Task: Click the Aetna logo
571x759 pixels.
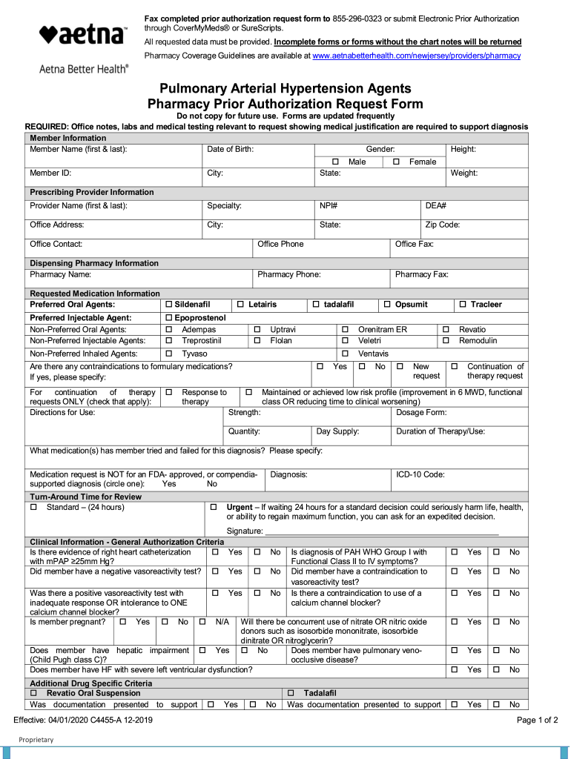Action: click(x=82, y=35)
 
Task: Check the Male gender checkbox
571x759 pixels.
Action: click(x=335, y=162)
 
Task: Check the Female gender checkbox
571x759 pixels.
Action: click(x=396, y=162)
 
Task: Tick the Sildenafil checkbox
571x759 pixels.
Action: click(x=168, y=305)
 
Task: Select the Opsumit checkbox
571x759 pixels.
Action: click(x=388, y=305)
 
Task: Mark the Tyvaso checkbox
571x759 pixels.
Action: click(x=168, y=354)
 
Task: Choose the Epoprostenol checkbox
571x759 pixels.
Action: click(x=168, y=318)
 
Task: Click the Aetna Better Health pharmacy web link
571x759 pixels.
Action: click(x=416, y=56)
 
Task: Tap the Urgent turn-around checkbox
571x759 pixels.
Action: click(x=214, y=507)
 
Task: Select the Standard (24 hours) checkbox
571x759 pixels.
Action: click(x=33, y=507)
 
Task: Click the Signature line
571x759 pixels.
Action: click(x=381, y=531)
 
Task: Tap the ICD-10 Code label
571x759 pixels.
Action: click(x=420, y=474)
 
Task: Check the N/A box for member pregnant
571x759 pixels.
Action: click(x=202, y=622)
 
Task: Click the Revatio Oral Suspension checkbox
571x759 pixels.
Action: click(x=33, y=693)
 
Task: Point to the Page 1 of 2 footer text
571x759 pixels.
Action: click(x=537, y=720)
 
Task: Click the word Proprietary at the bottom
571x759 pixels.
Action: click(x=36, y=740)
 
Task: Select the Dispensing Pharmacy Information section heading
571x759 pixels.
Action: click(x=94, y=263)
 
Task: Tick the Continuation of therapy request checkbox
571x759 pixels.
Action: click(x=454, y=366)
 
